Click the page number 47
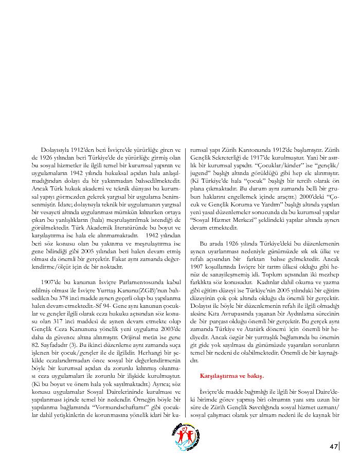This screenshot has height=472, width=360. (x=333, y=446)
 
